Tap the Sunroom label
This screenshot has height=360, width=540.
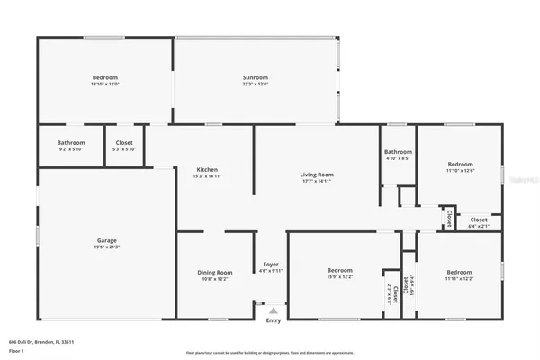click(256, 78)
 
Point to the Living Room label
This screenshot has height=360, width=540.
click(317, 174)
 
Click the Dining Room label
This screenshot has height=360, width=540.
click(215, 273)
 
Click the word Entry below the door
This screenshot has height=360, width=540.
click(274, 320)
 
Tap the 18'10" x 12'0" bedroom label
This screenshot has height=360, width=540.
click(105, 78)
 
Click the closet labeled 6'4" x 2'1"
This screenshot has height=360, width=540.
click(479, 220)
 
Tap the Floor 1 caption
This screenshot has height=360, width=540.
click(15, 352)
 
